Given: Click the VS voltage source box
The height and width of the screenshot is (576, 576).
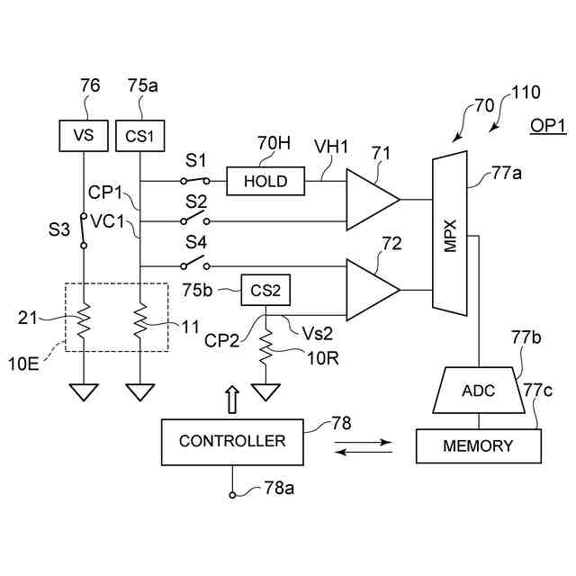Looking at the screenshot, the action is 84,136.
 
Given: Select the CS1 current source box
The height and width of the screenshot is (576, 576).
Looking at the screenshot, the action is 140,136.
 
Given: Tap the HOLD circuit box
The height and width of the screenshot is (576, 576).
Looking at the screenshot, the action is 265,181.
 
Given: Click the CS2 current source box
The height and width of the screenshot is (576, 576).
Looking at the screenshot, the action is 265,290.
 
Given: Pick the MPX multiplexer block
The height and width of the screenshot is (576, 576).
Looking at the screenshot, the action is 450,233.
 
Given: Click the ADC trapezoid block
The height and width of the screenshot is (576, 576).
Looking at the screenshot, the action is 478,390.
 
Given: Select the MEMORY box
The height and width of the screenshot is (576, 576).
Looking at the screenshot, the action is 478,446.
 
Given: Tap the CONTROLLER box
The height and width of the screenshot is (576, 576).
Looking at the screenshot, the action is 232,442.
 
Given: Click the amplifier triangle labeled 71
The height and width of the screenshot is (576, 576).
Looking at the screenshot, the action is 373,200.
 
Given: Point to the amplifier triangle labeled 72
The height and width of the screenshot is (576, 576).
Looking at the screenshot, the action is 373,290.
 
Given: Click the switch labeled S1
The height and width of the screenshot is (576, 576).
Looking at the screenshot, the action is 195,180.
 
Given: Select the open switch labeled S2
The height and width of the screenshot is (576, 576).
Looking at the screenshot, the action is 195,218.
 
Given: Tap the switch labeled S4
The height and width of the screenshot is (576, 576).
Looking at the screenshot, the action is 195,262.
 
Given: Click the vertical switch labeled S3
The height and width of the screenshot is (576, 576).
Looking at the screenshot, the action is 84,230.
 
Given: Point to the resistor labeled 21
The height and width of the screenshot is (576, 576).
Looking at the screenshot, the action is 84,320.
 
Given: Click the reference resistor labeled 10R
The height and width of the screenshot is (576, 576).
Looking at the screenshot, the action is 265,346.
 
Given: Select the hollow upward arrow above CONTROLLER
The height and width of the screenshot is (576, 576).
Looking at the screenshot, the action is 232,400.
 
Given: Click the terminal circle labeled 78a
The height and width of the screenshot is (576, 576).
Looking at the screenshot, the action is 232,495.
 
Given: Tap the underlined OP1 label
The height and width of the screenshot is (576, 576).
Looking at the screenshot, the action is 548,127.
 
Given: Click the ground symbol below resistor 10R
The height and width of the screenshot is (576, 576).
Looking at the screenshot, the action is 265,392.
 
